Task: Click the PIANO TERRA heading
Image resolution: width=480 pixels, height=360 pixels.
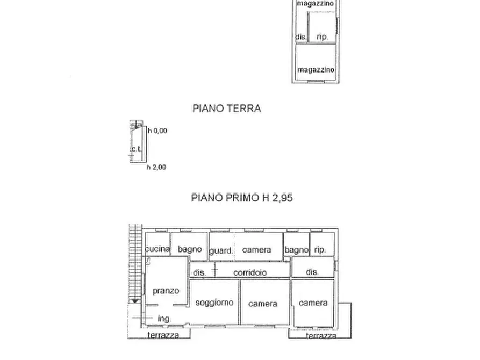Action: [x=226, y=108]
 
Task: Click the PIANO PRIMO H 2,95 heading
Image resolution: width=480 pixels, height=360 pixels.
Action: [x=242, y=198]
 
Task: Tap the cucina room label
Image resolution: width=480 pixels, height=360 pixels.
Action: [x=157, y=249]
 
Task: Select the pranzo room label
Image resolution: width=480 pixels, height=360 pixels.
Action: [x=166, y=291]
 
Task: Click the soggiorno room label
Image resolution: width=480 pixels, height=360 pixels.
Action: [x=214, y=303]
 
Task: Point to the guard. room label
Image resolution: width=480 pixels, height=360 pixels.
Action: [x=221, y=250]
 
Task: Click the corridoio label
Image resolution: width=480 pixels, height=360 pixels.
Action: [x=250, y=272]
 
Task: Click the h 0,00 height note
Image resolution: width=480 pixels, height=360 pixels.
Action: [x=157, y=131]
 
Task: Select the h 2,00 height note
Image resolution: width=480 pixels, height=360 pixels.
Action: [x=156, y=167]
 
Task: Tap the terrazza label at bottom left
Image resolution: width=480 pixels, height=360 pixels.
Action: [x=164, y=335]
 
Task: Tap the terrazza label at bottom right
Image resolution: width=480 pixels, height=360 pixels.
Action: [x=321, y=336]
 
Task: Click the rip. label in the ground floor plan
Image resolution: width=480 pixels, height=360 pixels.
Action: [x=322, y=37]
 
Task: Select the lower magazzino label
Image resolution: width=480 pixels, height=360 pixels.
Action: [x=316, y=70]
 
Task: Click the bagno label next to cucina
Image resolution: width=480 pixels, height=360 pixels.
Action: [x=190, y=249]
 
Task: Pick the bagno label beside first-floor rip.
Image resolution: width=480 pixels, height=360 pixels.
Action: [x=297, y=250]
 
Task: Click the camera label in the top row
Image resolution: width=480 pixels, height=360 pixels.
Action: [x=256, y=250]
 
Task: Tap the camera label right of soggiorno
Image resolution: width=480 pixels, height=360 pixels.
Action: [x=263, y=304]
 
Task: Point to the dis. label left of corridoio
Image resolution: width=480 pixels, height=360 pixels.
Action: [x=199, y=272]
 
